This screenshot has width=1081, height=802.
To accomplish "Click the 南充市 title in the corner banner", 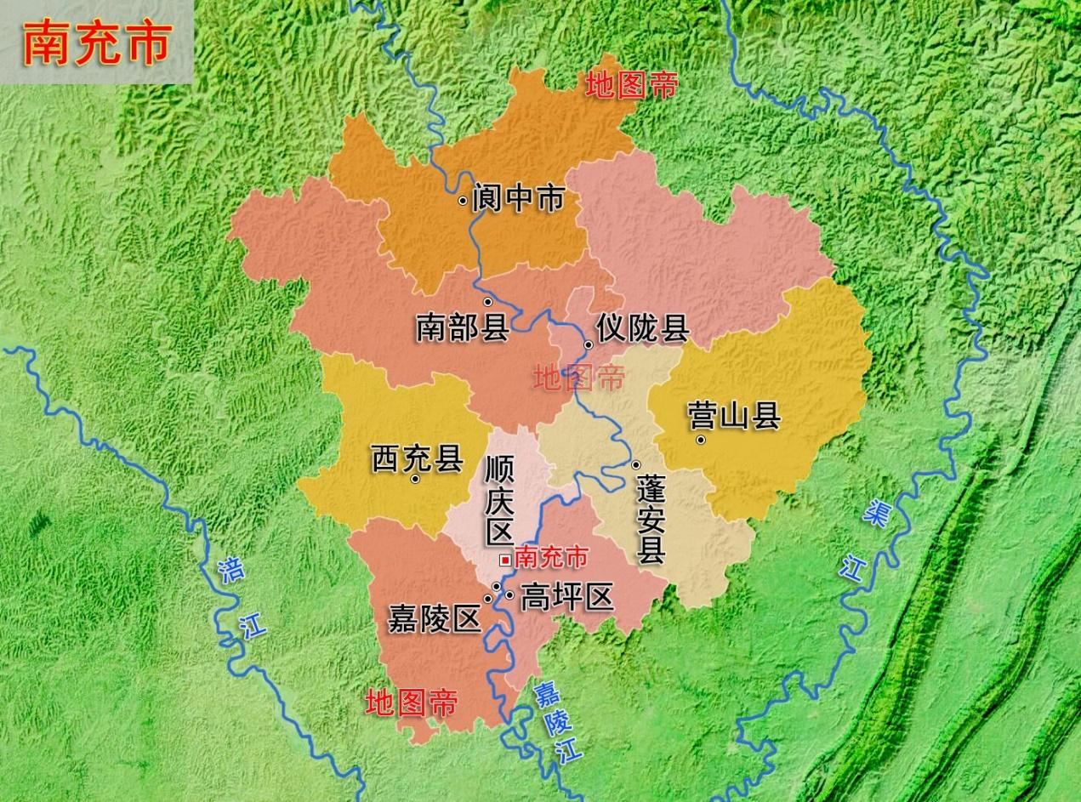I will pos(96,43).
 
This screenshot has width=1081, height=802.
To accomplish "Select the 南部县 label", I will pos(462,327).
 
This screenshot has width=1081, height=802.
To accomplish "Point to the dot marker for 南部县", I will pos(488,302).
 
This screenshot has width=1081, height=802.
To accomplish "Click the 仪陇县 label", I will pos(642,328).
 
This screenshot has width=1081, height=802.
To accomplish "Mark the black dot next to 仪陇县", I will pos(588,344).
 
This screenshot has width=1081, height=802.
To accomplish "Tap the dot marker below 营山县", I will pos(701,440).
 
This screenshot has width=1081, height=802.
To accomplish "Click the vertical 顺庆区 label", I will pos(498,500).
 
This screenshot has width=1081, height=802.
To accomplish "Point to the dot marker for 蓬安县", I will pos(635,464).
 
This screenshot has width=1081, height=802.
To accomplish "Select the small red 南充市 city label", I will pos(551,558).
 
